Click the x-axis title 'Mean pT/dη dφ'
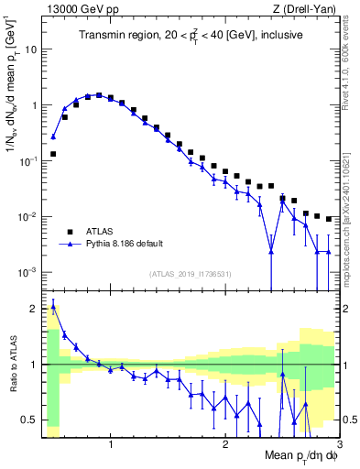tap(300, 455)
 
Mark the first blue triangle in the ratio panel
tap(53, 306)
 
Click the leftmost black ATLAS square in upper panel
tap(53, 154)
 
